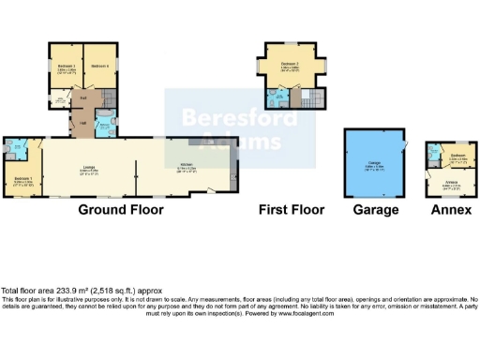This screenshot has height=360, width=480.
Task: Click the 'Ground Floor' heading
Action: pos(120,210)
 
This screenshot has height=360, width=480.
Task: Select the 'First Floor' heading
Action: pos(292,210)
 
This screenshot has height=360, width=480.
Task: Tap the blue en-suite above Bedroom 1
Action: pos(19,148)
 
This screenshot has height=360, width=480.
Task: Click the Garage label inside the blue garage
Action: pos(373,165)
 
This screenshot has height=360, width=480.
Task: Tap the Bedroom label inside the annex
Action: pos(458,155)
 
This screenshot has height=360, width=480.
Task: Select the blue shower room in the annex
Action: pos(433,153)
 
